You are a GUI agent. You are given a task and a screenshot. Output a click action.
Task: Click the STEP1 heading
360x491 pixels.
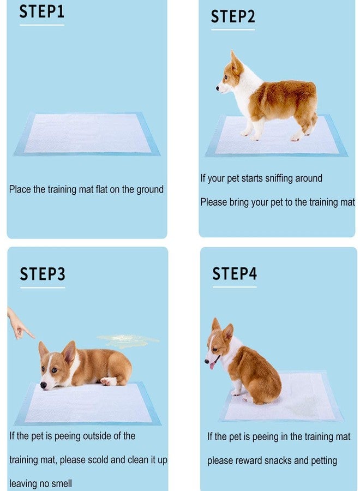pyautogui.click(x=41, y=12)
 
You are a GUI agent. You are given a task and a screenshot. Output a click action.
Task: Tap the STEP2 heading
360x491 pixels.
pyautogui.click(x=233, y=16)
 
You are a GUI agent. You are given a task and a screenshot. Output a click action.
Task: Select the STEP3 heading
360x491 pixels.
pyautogui.click(x=42, y=274)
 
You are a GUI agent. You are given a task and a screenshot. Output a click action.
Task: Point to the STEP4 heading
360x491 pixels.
pyautogui.click(x=234, y=273)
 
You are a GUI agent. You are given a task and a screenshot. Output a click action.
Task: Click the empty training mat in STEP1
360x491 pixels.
pyautogui.click(x=87, y=134)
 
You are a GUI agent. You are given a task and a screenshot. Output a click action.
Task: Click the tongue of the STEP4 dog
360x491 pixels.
pyautogui.click(x=212, y=364)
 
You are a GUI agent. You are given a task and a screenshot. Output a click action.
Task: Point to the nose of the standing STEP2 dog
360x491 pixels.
pyautogui.click(x=218, y=88)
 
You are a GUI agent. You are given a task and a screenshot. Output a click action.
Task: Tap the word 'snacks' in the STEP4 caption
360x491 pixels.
pyautogui.click(x=278, y=460)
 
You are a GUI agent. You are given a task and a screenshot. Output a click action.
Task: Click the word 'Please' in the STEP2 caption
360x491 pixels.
pyautogui.click(x=213, y=202)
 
